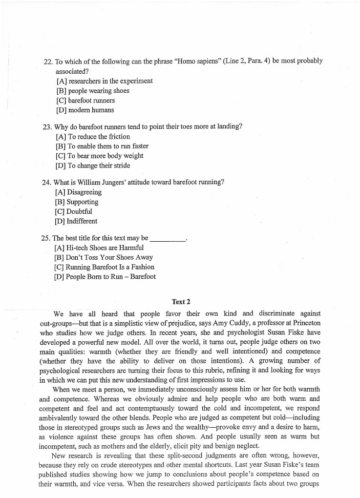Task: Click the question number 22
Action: tap(47, 62)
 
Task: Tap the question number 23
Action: tap(47, 127)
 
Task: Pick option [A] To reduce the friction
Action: tap(93, 137)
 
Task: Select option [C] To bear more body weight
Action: tap(100, 156)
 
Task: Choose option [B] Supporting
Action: tap(77, 202)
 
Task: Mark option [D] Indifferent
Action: tap(76, 221)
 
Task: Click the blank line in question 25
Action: tap(168, 239)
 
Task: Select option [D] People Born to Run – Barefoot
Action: tap(105, 277)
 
